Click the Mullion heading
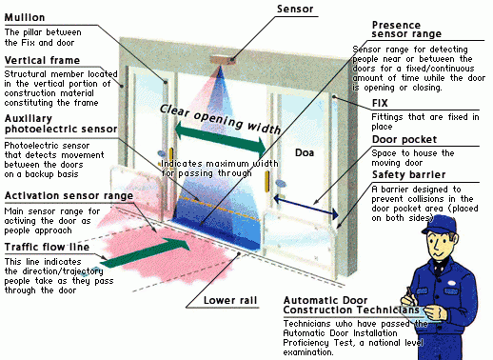click(25, 17)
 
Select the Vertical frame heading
click(42, 60)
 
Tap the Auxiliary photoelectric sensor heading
click(61, 124)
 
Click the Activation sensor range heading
click(69, 196)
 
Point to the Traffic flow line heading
click(47, 247)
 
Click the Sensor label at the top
click(295, 9)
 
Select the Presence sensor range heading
click(406, 30)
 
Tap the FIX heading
click(380, 103)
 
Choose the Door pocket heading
click(404, 139)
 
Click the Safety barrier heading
click(409, 175)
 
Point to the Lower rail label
click(230, 300)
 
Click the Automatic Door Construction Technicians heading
click(351, 305)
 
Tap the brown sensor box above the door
click(223, 60)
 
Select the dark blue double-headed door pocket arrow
click(306, 207)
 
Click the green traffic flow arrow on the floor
click(146, 252)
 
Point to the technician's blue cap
click(440, 225)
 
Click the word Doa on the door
click(305, 153)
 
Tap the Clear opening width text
click(221, 119)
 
